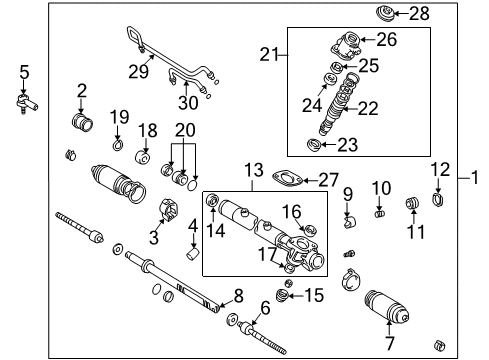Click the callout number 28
pyautogui.click(x=419, y=14)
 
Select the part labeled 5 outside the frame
pyautogui.click(x=27, y=103)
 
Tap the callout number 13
pyautogui.click(x=254, y=170)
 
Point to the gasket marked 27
pyautogui.click(x=287, y=178)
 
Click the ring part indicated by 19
pyautogui.click(x=117, y=145)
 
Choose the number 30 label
pyautogui.click(x=188, y=102)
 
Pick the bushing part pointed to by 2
pyautogui.click(x=82, y=122)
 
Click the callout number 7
pyautogui.click(x=390, y=343)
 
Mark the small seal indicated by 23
pyautogui.click(x=314, y=145)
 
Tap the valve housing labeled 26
pyautogui.click(x=346, y=45)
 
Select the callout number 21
pyautogui.click(x=269, y=54)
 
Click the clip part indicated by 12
pyautogui.click(x=438, y=199)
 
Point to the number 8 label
pyautogui.click(x=239, y=296)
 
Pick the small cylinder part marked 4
pyautogui.click(x=192, y=254)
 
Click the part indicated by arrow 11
pyautogui.click(x=412, y=203)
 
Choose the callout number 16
pyautogui.click(x=292, y=212)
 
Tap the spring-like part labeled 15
pyautogui.click(x=282, y=295)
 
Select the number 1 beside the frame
pyautogui.click(x=475, y=177)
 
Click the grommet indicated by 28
pyautogui.click(x=385, y=14)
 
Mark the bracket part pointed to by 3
pyautogui.click(x=169, y=209)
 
